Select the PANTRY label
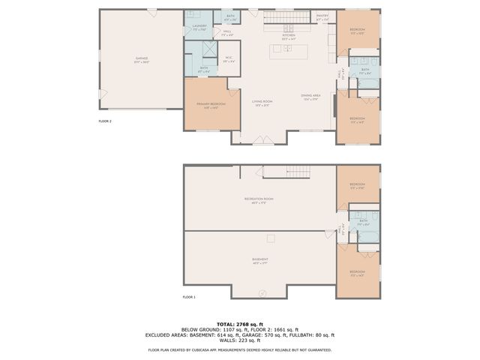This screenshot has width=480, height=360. [322, 16]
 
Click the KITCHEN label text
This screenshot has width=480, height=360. [287, 36]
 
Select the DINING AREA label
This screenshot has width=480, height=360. [311, 96]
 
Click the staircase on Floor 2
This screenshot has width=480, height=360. [287, 17]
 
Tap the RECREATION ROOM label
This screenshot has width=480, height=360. [259, 199]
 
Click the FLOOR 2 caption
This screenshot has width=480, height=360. [105, 121]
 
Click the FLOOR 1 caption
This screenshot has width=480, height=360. [189, 298]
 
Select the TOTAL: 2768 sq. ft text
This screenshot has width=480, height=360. [239, 323]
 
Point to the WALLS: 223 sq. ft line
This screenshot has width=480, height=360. [239, 341]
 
